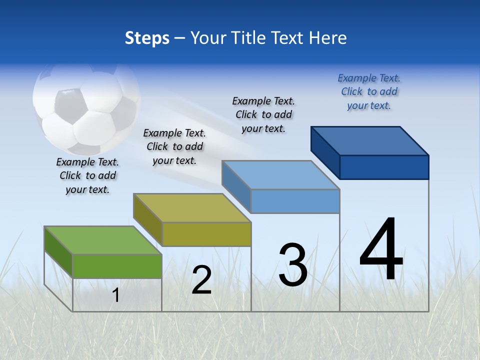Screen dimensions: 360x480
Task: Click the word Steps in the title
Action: point(147,38)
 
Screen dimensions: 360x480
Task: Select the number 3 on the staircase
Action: point(293,264)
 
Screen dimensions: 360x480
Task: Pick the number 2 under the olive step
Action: point(201,280)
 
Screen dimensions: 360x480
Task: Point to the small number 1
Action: point(115,295)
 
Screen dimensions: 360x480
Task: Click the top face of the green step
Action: point(103,240)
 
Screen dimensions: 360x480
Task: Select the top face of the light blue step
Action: point(281,175)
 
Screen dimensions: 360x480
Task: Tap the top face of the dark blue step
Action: point(370,141)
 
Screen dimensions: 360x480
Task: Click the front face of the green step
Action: point(117,266)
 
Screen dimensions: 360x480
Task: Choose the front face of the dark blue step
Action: point(384,167)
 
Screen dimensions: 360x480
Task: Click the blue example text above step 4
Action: point(369,91)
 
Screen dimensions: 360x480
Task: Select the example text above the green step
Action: point(87,175)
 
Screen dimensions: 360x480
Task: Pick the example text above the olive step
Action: point(174,146)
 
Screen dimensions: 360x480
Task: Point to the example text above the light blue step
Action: point(263,114)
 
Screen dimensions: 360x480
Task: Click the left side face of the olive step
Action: point(147,220)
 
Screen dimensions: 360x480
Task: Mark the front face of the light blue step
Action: point(295,201)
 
